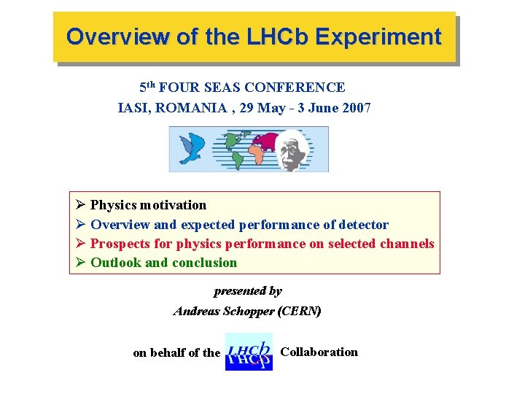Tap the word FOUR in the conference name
(178, 88)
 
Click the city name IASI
(133, 108)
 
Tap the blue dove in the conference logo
(192, 148)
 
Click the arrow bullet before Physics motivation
(80, 206)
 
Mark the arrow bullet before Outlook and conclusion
(80, 263)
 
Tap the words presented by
(248, 291)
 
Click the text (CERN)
(300, 311)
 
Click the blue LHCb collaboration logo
(249, 352)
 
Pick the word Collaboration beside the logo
(319, 352)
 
